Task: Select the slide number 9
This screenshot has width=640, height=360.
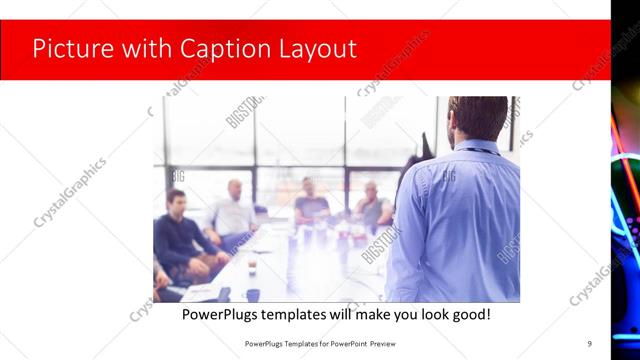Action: [x=589, y=343]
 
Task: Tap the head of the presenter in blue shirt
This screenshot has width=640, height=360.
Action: [x=477, y=118]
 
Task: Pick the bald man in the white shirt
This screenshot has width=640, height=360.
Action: [x=232, y=210]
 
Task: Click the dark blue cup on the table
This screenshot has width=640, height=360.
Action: [x=252, y=294]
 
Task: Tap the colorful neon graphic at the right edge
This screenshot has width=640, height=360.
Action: [x=625, y=180]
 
